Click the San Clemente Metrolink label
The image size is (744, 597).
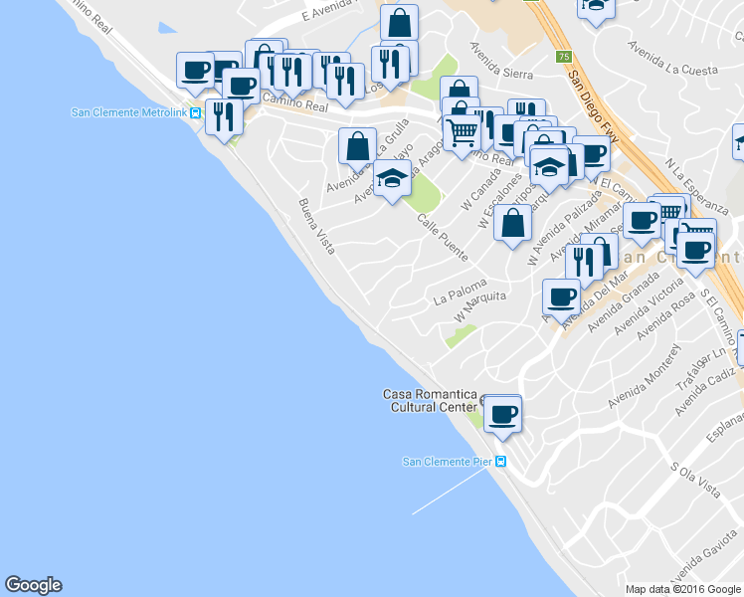[129, 111]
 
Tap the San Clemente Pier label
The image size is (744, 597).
[447, 461]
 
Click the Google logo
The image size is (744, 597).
[33, 585]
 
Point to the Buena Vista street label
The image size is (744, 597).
[317, 226]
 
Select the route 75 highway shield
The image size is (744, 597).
[564, 57]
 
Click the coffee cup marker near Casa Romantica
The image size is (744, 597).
[503, 414]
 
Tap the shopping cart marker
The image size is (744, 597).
[462, 131]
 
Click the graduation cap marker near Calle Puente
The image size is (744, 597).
[392, 178]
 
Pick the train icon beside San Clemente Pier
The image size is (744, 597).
[501, 462]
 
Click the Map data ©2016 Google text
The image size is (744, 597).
[683, 589]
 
